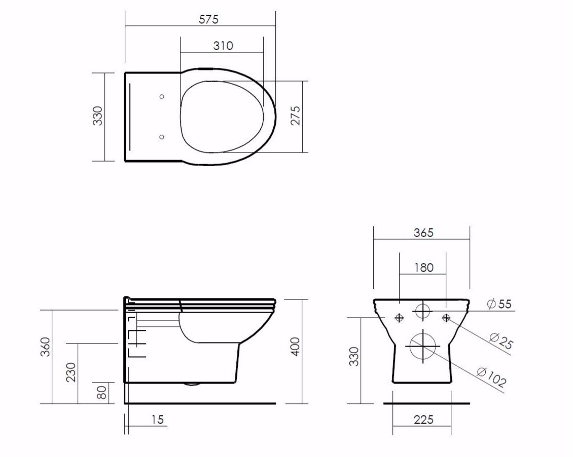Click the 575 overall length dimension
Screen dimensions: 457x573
(208, 19)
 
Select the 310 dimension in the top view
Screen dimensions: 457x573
(223, 46)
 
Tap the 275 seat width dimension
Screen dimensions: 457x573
(296, 116)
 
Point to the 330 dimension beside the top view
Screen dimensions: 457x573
(98, 116)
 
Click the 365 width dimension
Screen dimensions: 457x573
(423, 233)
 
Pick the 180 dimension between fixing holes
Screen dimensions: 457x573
(423, 267)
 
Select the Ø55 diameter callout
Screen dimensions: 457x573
(499, 304)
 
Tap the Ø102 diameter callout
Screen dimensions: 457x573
(491, 377)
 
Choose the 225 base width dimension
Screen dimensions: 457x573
(423, 420)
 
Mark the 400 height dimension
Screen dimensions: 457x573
(296, 346)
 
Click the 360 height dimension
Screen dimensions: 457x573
(46, 347)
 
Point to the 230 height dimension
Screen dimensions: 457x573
(71, 372)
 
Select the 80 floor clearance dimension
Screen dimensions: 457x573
(102, 393)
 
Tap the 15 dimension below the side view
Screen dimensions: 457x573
(158, 420)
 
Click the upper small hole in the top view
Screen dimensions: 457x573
(162, 96)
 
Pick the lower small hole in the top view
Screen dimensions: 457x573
(162, 137)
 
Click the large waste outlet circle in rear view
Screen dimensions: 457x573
(423, 346)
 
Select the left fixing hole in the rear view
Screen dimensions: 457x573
(399, 318)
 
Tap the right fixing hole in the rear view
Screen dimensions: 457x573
(446, 318)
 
